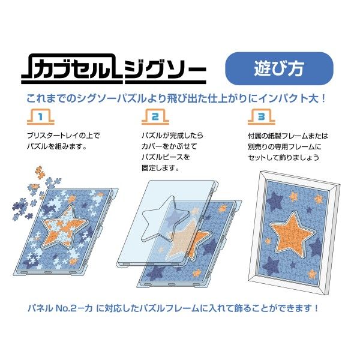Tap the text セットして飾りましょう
285,157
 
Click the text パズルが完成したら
172,136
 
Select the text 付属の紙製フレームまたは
286,136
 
